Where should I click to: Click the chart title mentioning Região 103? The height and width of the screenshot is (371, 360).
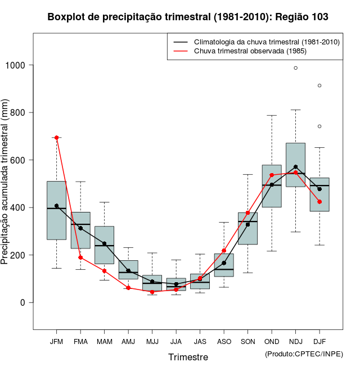point(188,17)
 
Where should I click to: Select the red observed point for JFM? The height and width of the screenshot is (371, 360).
point(56,138)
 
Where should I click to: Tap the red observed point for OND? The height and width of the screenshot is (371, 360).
point(272,175)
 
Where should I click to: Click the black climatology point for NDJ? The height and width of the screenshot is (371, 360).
point(295,167)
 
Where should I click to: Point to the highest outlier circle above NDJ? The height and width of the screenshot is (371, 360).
point(295,68)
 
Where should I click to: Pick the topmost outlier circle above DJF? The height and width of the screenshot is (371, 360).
point(319,85)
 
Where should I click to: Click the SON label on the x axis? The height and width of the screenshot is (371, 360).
point(247,341)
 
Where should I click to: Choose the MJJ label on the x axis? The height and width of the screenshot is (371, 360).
point(152,341)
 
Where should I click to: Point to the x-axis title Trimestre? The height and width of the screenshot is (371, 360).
point(188,357)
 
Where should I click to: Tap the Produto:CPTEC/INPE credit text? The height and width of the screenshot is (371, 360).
point(304,354)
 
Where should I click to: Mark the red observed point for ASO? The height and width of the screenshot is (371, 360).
point(224,251)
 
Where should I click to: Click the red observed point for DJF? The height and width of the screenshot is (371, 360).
point(319,202)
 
